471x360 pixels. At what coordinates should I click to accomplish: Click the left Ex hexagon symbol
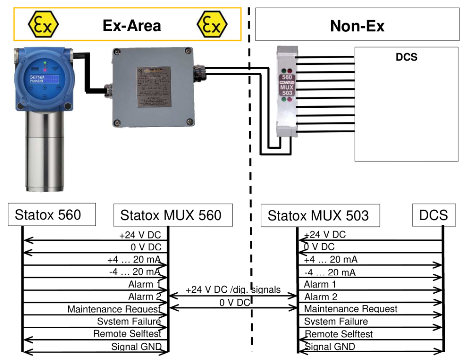pos(43,24)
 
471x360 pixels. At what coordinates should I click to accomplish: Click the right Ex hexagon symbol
pos(212,24)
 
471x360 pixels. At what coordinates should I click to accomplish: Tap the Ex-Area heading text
pos(132,25)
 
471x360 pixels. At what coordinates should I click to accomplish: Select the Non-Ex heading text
pos(357,26)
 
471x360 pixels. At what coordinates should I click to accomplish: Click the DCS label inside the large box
pos(406,58)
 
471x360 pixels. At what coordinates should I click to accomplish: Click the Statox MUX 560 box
pos(171,215)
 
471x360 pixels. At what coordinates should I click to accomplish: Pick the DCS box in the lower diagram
pos(433,215)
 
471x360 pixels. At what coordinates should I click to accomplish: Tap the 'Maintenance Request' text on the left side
pos(114,309)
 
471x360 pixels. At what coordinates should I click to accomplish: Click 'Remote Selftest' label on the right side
pos(339,334)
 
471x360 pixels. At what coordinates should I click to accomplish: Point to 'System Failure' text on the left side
pos(129,321)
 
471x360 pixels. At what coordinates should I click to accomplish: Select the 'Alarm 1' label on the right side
pos(320,284)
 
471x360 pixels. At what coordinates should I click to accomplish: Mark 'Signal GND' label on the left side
pos(136,347)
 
